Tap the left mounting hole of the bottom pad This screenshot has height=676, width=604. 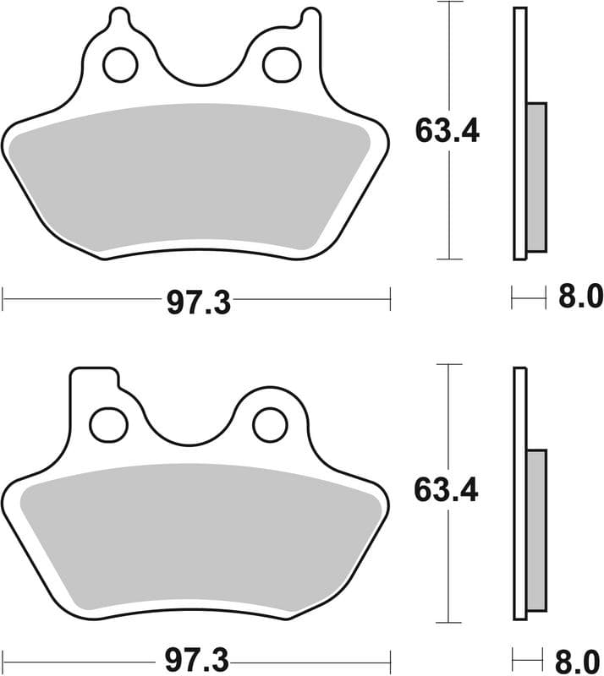pos(107,424)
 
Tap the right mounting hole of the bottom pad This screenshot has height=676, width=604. pos(271,424)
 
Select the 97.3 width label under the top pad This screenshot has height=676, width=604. pos(198,302)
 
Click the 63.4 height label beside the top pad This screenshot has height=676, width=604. pos(448,131)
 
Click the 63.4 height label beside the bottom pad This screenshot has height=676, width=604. pos(448,489)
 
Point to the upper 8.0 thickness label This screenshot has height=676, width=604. pos(580,297)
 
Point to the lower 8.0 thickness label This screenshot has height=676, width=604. pos(580,657)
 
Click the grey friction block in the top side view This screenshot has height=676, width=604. pos(536,177)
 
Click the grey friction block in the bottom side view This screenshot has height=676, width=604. pos(536,531)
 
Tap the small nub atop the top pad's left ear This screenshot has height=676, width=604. pos(120,16)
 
